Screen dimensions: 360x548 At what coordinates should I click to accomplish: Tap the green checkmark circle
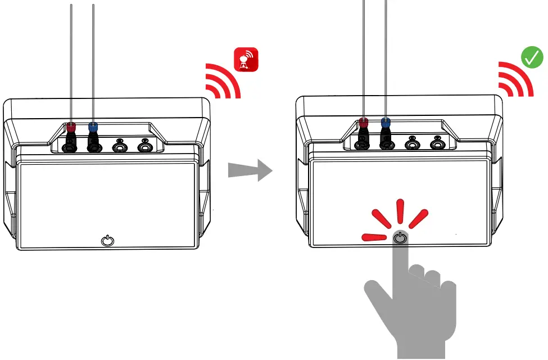click(x=532, y=58)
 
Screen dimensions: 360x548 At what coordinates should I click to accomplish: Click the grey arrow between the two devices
click(x=250, y=170)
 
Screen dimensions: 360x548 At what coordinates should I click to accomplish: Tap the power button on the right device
click(x=399, y=237)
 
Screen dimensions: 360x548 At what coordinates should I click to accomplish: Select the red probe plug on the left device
click(x=71, y=128)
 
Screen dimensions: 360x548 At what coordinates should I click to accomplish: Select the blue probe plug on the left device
click(x=93, y=128)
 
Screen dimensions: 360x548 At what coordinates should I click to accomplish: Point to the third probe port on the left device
click(x=120, y=147)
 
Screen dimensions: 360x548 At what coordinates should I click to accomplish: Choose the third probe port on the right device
click(x=412, y=143)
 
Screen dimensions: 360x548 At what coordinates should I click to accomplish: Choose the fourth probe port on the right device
click(x=437, y=143)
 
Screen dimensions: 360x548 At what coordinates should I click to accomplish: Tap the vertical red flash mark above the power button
click(x=400, y=211)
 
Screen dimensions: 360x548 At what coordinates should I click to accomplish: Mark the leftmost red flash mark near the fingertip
click(x=374, y=237)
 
